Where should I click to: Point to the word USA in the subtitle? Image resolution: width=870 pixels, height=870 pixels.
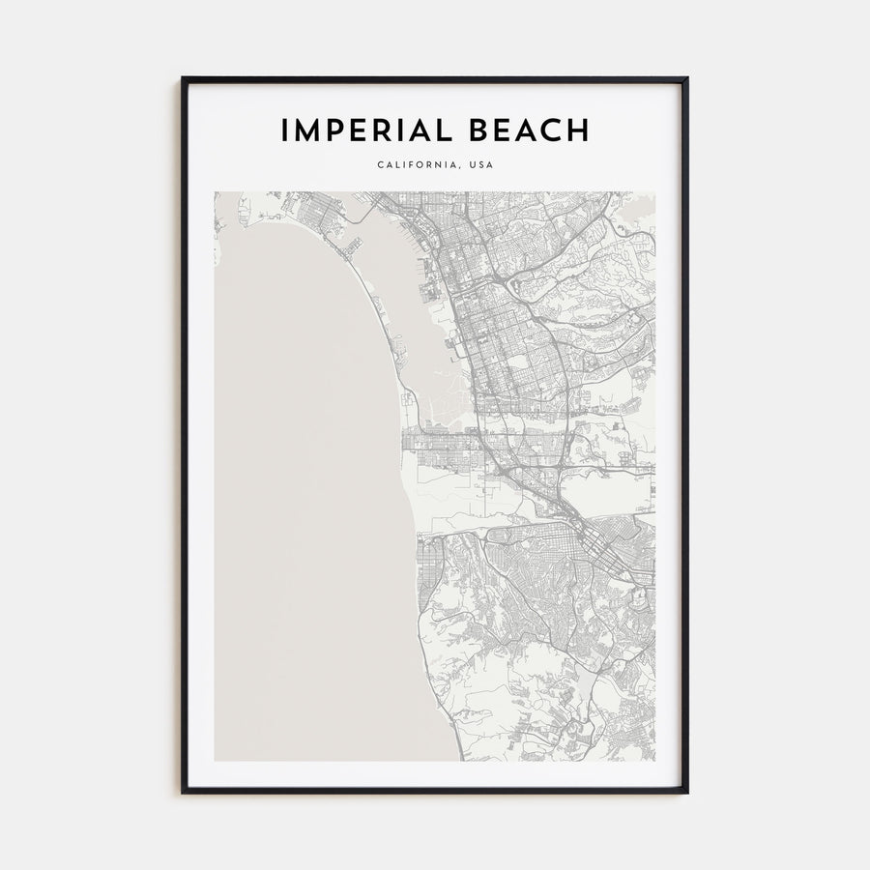(480, 165)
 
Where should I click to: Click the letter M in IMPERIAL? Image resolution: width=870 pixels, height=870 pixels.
(307, 130)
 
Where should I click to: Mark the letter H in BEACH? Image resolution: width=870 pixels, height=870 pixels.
(578, 130)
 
